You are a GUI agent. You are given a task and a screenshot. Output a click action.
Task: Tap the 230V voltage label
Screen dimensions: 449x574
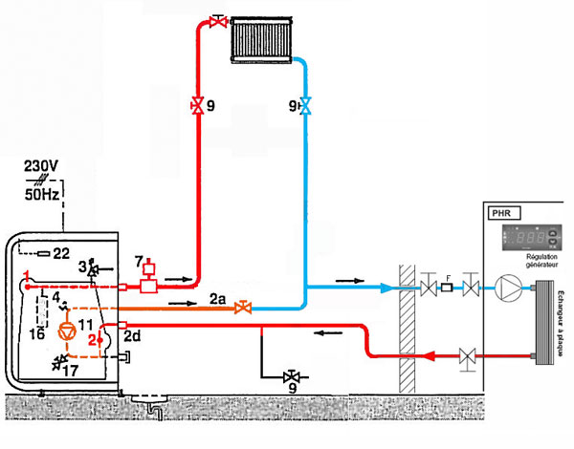point(41,166)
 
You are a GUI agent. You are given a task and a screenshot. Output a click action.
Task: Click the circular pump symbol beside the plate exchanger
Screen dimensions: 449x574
point(507,286)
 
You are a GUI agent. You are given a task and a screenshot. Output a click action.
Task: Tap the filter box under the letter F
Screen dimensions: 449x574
point(447,287)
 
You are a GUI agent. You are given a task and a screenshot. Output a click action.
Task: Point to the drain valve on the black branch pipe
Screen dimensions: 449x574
point(291,375)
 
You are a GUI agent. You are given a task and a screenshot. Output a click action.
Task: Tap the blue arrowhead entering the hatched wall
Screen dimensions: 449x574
point(385,286)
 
